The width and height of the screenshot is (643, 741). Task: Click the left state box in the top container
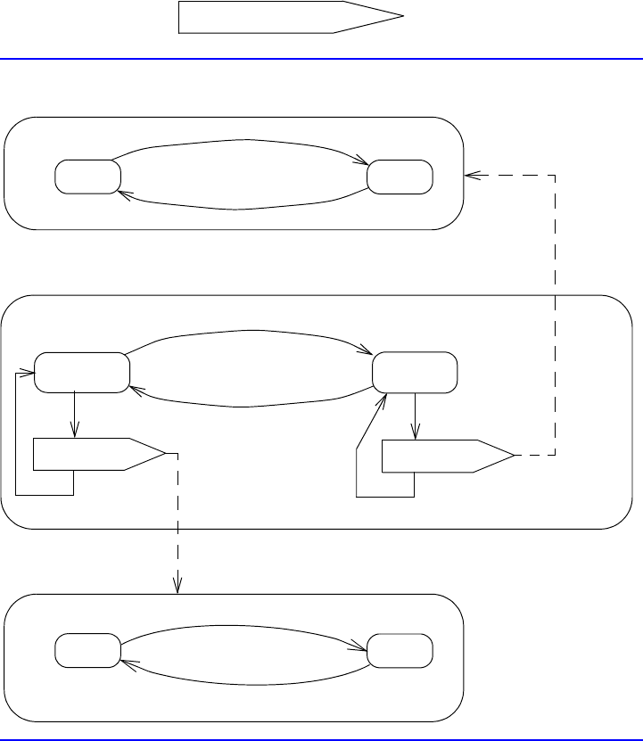coord(87,177)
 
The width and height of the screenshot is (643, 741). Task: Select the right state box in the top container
coord(400,177)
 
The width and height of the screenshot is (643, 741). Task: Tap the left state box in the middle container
coord(81,372)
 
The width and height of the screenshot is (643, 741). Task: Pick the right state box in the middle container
coord(415,372)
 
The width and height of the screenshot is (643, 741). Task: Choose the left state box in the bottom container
coord(87,650)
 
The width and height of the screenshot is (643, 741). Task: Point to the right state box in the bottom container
coord(400,650)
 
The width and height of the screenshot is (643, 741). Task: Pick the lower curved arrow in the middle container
coord(250,406)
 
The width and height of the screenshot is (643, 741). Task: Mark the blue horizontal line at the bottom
coord(321,739)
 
